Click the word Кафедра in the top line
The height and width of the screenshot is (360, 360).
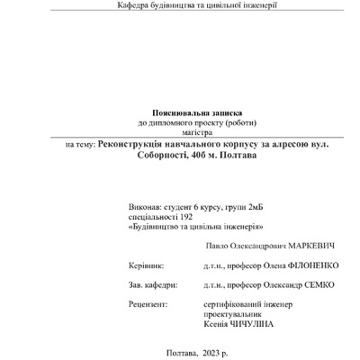point(134,5)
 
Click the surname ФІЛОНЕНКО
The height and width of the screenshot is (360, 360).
point(302,266)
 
